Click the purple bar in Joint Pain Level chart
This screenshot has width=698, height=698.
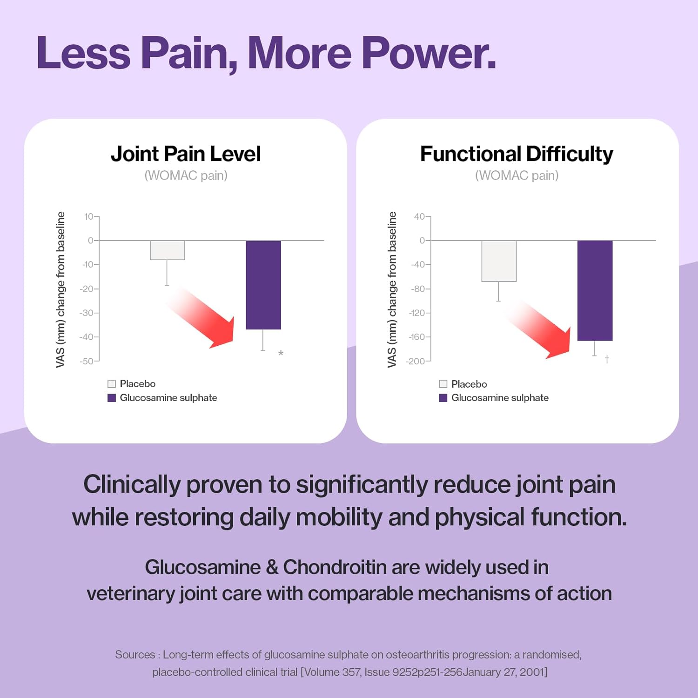tap(263, 285)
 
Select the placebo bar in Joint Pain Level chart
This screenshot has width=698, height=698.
tap(167, 250)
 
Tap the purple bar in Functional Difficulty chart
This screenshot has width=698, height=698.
tap(595, 290)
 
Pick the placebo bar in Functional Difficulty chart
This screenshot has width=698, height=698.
tap(499, 261)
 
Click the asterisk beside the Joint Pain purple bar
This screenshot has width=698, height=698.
tap(281, 354)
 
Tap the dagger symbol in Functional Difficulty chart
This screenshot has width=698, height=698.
tap(607, 359)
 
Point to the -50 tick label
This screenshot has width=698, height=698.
tap(87, 361)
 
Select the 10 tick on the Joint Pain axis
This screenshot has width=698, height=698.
tap(88, 216)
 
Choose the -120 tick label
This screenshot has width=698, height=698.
tap(417, 313)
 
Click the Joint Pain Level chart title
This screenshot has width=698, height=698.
tap(186, 154)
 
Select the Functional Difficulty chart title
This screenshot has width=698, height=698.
tap(517, 154)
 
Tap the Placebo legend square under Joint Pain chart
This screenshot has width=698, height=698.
tap(112, 384)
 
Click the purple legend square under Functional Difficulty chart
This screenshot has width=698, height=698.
tap(443, 398)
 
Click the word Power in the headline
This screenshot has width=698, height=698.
tap(428, 54)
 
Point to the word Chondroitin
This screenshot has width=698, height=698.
tap(335, 567)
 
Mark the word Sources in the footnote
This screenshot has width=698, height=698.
tap(135, 655)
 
